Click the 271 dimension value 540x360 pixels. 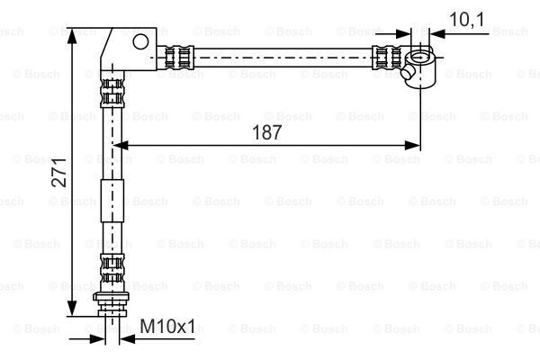point(58,172)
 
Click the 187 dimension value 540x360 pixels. point(267,132)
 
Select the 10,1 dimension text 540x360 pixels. point(466,19)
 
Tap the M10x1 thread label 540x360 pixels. point(167,326)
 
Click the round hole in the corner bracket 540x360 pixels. point(140,41)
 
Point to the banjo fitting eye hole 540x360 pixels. point(420,57)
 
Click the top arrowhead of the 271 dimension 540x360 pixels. point(72,35)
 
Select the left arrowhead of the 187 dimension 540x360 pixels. point(121,146)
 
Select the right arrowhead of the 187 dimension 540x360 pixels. point(412,146)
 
